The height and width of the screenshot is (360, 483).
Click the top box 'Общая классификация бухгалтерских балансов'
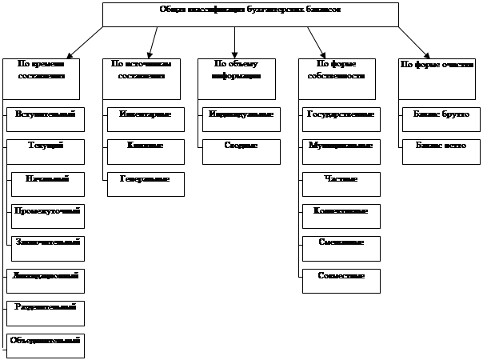250,14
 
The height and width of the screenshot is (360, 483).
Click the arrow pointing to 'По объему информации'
235,41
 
